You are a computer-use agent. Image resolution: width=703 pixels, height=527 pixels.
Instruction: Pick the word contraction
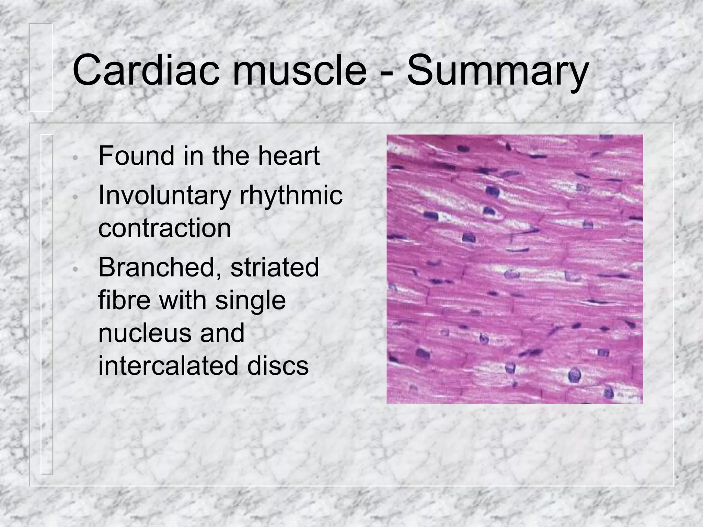click(x=164, y=228)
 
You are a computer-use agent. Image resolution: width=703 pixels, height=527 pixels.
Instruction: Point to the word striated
click(x=275, y=268)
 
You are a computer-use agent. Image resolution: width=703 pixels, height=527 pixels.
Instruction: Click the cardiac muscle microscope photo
click(x=515, y=269)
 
